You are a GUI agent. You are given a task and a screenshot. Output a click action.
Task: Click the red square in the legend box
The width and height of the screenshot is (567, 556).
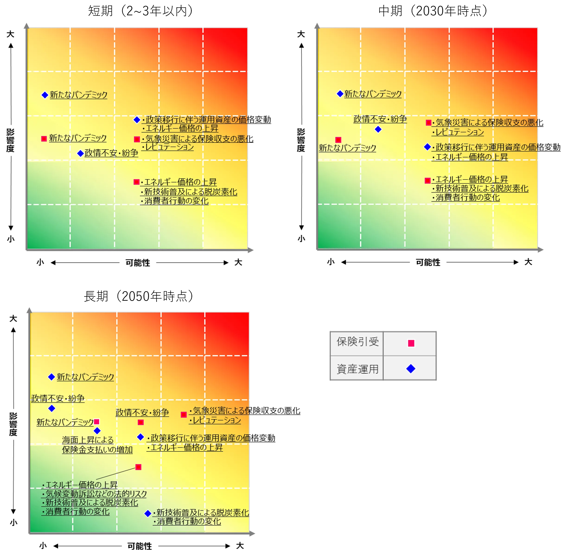pos(411,343)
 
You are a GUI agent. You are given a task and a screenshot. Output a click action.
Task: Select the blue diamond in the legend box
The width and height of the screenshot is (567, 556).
pos(411,369)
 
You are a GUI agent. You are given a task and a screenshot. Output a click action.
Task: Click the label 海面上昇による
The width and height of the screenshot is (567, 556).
pos(88,440)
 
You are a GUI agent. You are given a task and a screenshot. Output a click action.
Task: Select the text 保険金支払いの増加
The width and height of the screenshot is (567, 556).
pos(97,450)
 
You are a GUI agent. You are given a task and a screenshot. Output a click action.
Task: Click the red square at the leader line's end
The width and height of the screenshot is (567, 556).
pos(138,467)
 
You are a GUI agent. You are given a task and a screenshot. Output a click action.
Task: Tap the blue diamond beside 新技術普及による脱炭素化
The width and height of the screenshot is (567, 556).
pos(148,513)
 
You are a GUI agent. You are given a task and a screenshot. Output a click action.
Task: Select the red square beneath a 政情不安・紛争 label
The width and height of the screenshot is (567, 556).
pos(141,422)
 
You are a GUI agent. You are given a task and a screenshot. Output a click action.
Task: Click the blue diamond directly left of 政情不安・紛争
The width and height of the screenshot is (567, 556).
pos(80,154)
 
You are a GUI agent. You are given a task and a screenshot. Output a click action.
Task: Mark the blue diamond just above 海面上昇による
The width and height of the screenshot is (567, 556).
pos(97,430)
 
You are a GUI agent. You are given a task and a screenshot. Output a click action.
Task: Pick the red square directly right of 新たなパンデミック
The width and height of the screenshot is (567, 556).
pos(97,422)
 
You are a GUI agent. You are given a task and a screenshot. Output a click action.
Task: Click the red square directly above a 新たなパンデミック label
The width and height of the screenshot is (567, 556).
pos(338,140)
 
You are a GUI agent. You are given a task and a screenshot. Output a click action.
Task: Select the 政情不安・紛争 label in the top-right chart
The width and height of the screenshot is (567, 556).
pos(380,119)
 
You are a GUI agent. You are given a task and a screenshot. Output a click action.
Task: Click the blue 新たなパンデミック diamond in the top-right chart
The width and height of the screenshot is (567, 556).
pos(340,94)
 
